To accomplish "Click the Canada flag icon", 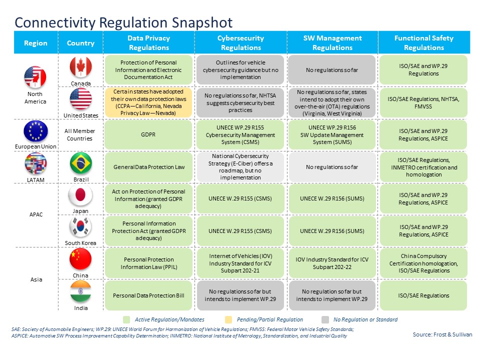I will point(80,67).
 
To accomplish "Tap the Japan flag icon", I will point(80,195).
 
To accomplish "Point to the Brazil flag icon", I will point(80,163).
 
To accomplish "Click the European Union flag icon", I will point(35,131).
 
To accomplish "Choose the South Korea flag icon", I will point(80,227).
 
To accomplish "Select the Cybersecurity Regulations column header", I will point(240,42).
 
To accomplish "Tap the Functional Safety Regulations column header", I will point(423,42).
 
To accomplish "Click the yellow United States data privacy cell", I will point(149,102).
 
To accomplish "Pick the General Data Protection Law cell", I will point(149,167).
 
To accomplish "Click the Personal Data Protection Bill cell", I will point(149,295).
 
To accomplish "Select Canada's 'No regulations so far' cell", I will point(332,69).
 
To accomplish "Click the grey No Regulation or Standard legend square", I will point(325,319).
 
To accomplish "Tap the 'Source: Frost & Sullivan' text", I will point(442,334).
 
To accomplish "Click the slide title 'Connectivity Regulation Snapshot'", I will point(123,22).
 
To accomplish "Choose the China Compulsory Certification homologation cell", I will point(423,263).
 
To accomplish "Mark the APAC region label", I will point(35,214).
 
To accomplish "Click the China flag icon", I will point(80,259).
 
